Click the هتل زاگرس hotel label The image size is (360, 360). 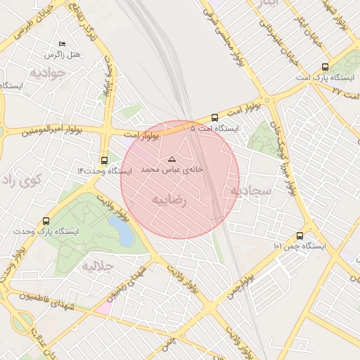63,55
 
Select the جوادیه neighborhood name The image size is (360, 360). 48,72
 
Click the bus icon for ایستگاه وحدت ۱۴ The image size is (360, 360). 105,160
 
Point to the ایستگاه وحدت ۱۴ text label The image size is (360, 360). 105,171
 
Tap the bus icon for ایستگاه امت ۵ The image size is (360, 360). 214,118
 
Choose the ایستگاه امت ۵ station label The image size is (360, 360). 215,129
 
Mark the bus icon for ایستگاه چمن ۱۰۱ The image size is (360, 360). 300,236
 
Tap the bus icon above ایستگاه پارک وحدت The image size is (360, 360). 46,221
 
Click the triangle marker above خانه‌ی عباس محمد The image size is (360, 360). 172,160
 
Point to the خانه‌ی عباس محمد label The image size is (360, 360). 172,170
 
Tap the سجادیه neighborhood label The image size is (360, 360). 245,191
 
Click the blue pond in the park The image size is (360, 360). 120,231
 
